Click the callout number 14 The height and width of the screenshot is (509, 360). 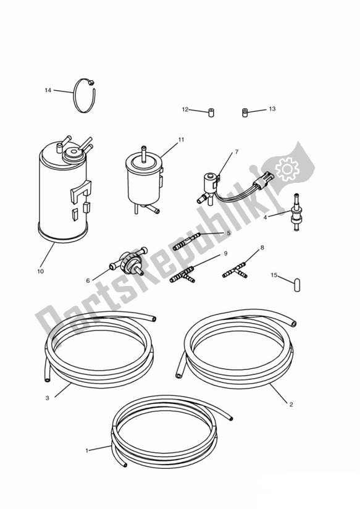click(x=48, y=90)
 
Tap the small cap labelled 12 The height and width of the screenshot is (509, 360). click(x=211, y=113)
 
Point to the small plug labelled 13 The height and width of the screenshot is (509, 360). click(x=245, y=112)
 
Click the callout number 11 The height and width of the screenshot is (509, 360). click(x=181, y=140)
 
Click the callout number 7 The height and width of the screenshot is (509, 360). click(x=237, y=151)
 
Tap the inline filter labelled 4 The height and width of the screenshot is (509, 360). click(x=296, y=212)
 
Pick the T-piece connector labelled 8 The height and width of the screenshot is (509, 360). click(x=235, y=271)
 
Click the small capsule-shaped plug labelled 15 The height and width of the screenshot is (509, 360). click(x=296, y=285)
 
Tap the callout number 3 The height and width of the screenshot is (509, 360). click(x=48, y=398)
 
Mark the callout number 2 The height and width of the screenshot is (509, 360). click(x=291, y=405)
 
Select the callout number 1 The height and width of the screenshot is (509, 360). click(x=86, y=450)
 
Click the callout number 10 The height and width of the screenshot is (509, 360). click(x=40, y=271)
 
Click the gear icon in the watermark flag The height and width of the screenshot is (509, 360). click(x=287, y=168)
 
